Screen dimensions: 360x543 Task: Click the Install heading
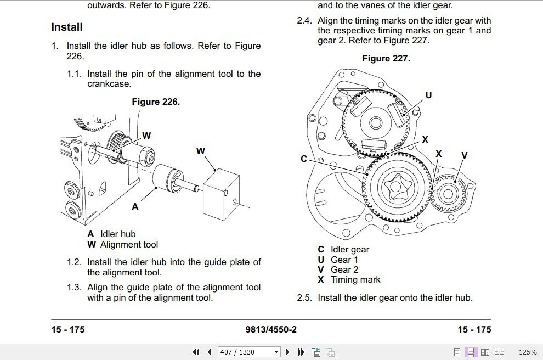(x=67, y=27)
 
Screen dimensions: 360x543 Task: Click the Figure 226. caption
(x=156, y=102)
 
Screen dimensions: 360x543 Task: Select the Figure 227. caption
(x=386, y=58)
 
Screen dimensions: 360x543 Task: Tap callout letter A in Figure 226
(x=135, y=207)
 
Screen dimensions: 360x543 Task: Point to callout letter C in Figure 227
(x=304, y=159)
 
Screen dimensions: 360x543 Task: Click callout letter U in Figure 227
(x=428, y=95)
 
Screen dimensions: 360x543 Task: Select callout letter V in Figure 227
(x=464, y=155)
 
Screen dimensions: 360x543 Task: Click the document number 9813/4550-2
(x=271, y=329)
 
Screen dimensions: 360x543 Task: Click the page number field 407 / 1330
(x=245, y=352)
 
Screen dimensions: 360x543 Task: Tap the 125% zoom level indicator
(x=527, y=352)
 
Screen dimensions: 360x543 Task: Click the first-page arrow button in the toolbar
(x=196, y=352)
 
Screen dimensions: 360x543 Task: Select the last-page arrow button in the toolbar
(x=301, y=352)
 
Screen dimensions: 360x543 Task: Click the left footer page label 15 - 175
(x=68, y=329)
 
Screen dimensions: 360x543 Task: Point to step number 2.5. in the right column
(x=304, y=298)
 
